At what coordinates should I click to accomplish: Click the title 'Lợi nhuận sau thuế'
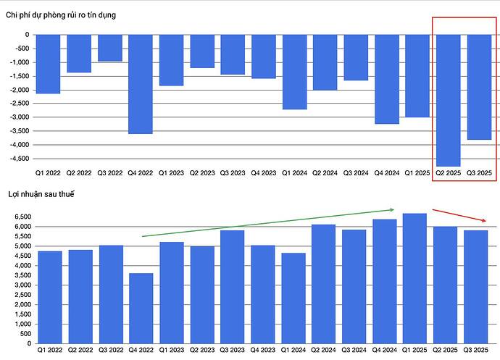pos(41,194)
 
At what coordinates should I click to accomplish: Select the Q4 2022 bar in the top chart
pos(141,84)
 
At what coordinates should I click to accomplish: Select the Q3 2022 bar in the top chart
pos(110,48)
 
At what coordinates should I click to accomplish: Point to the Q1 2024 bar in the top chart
pos(294,72)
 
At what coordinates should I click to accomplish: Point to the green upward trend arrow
pos(268,223)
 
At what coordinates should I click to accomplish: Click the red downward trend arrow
pos(462,216)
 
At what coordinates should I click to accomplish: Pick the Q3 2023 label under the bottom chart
pos(233,351)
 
